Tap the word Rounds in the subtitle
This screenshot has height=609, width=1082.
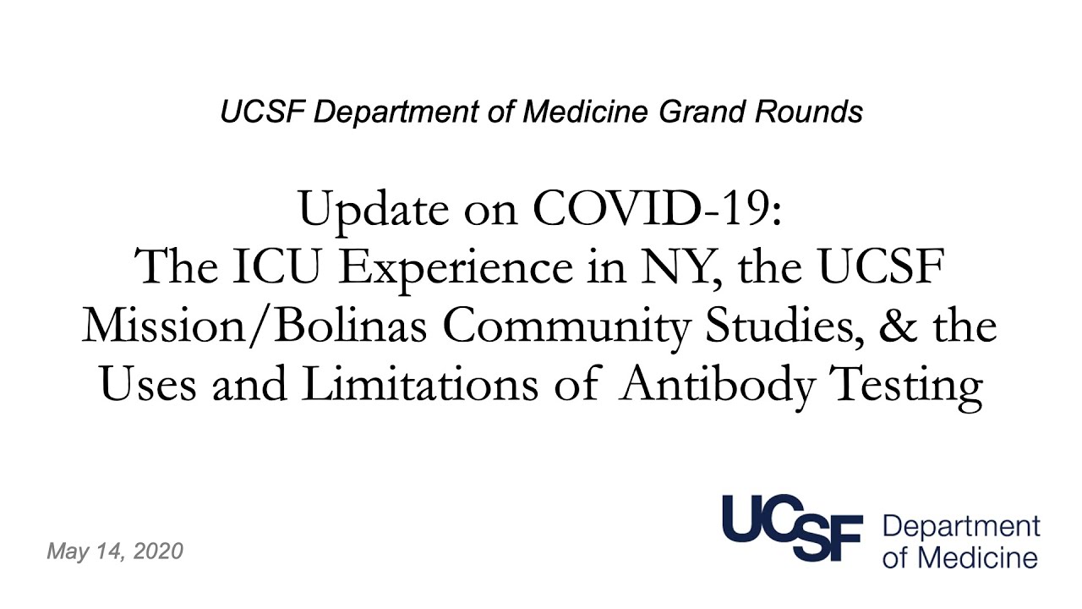[809, 112]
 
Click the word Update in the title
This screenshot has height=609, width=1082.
[374, 211]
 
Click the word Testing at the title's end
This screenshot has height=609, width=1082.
[907, 387]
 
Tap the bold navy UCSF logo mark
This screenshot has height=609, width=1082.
[793, 528]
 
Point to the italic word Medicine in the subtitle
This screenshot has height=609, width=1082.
[586, 112]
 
